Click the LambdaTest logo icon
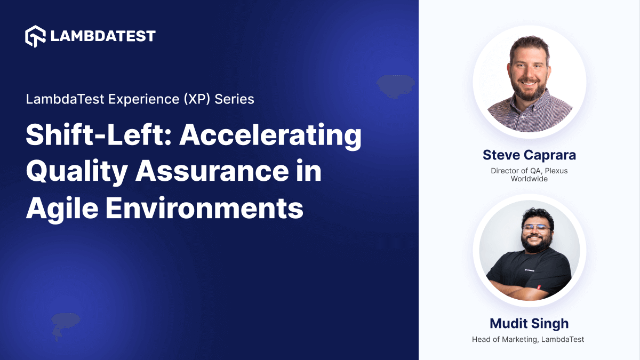coord(36,36)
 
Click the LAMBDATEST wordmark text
coord(103,36)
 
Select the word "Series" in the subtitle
coord(235,99)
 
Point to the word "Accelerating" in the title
coord(270,136)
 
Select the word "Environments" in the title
coord(204,207)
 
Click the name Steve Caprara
coord(529,155)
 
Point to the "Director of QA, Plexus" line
coord(529,171)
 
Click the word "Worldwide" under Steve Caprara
coord(529,179)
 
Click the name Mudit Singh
coord(529,323)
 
